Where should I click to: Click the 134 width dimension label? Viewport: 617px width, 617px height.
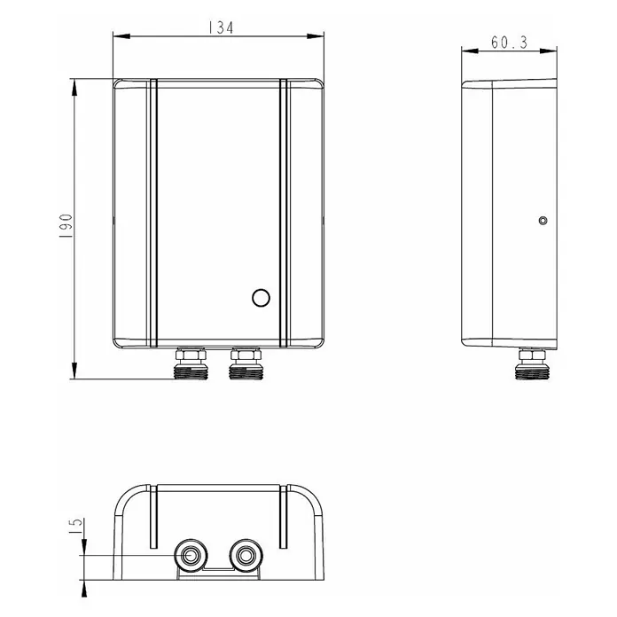(x=221, y=27)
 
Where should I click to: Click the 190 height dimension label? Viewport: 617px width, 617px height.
(x=66, y=225)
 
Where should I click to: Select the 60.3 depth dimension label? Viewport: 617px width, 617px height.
(x=509, y=43)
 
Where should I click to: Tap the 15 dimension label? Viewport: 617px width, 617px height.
(x=76, y=526)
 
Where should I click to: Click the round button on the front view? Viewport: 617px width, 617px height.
(x=261, y=298)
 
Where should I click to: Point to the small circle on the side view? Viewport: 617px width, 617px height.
(x=543, y=221)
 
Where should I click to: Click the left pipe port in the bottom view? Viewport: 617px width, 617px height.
(x=191, y=555)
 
